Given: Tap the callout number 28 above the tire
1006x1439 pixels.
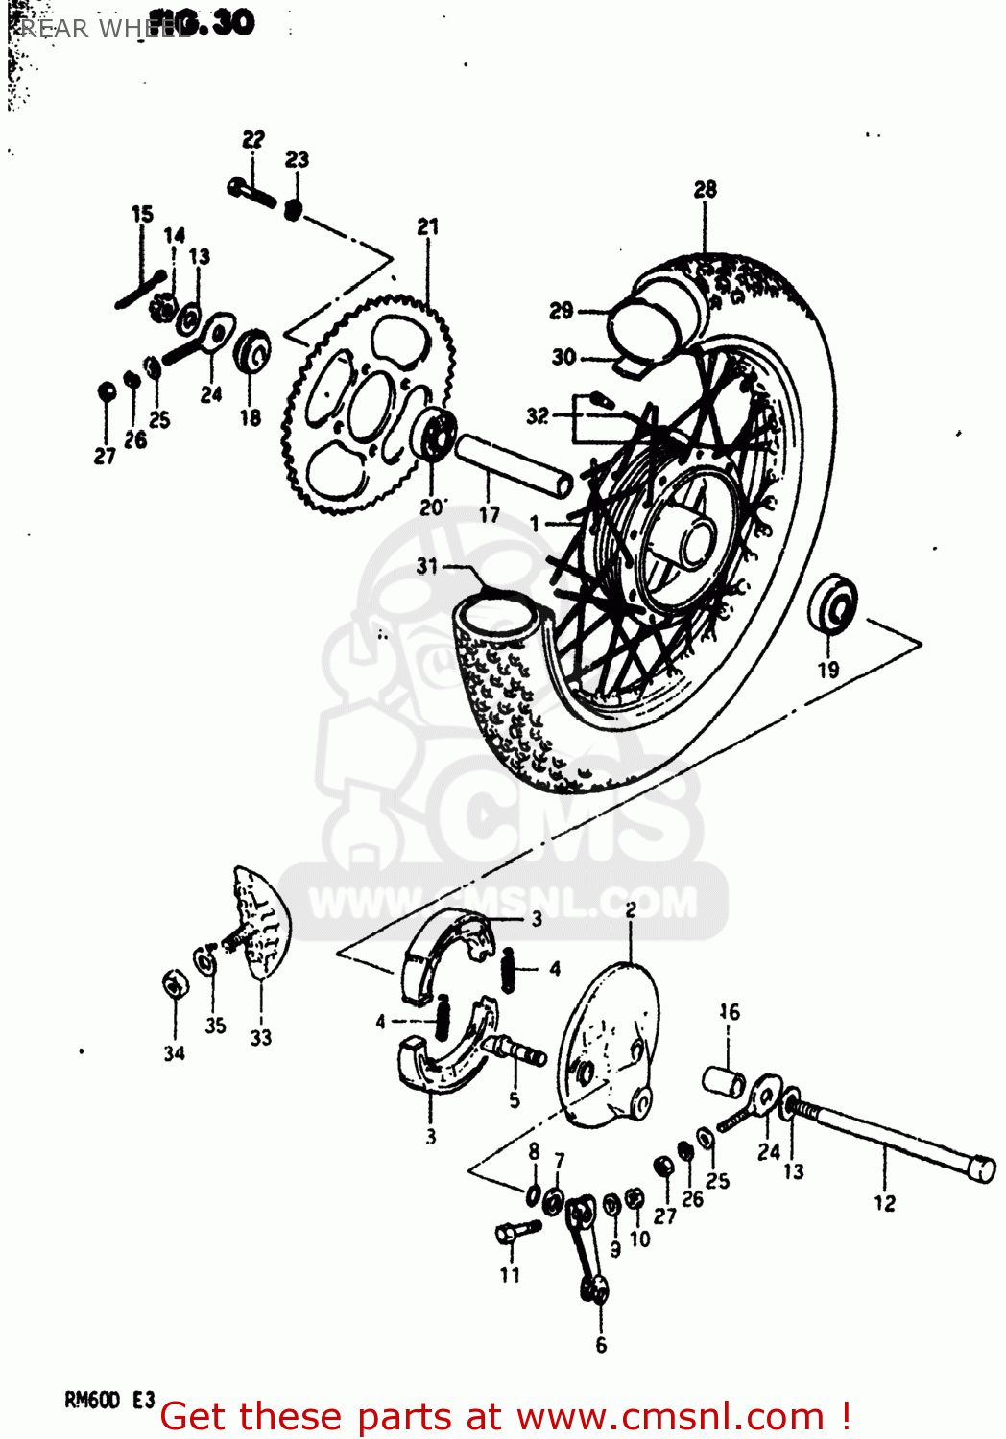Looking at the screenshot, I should (705, 189).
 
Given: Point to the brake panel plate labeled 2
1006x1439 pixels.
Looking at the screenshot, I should (610, 1046).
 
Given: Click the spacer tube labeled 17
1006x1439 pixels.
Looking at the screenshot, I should (513, 464).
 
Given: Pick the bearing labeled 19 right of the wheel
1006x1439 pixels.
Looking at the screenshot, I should (832, 605).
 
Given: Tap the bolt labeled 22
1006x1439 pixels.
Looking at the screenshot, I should (251, 192).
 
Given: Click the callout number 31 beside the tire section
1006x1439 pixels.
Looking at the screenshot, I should (427, 566).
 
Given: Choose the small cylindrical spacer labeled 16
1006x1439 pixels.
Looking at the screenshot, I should (724, 1080).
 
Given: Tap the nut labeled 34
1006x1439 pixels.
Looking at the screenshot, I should (174, 984).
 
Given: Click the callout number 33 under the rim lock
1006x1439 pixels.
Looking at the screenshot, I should (260, 1037).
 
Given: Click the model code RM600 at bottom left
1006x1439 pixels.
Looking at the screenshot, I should (91, 1400).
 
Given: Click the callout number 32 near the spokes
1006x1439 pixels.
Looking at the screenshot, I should (537, 415).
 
